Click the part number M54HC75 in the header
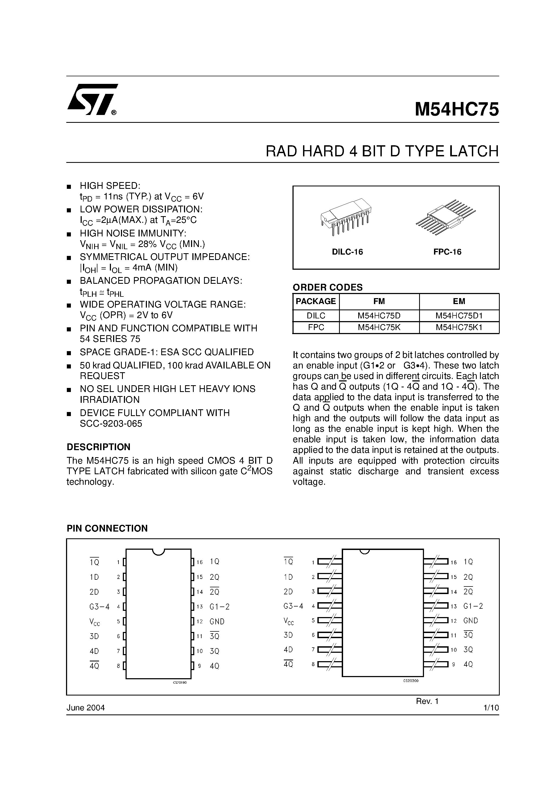457,110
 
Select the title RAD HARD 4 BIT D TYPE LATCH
382,151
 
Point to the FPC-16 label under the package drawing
447,252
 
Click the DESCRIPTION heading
98,447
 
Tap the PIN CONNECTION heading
107,528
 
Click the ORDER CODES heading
327,287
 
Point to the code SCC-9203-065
111,423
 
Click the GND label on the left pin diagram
217,621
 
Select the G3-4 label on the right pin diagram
293,606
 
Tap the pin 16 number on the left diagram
199,562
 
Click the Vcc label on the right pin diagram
289,621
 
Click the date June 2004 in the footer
86,708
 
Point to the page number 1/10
491,708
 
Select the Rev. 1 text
427,701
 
